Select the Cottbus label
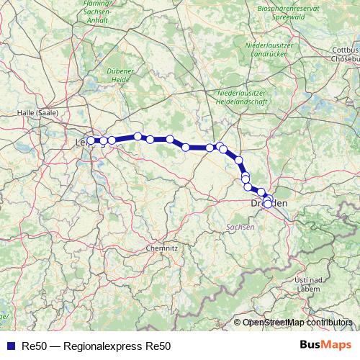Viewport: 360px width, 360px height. pos(344,50)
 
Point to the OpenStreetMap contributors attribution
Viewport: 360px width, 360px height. pos(297,323)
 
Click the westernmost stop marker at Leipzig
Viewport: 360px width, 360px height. pos(91,140)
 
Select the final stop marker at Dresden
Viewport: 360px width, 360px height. pos(268,204)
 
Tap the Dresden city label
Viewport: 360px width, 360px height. pos(269,205)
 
